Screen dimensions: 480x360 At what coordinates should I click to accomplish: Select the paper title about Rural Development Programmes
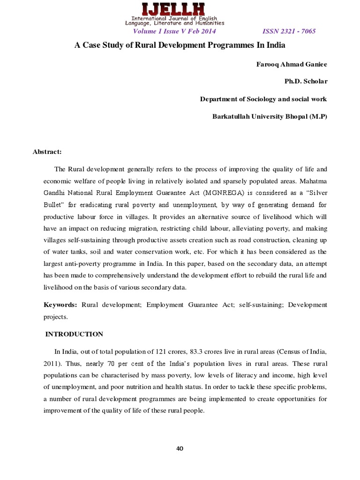pyautogui.click(x=180, y=46)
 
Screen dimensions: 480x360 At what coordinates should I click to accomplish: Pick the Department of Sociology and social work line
pyautogui.click(x=263, y=99)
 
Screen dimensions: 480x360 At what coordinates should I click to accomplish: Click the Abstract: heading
pyautogui.click(x=47, y=152)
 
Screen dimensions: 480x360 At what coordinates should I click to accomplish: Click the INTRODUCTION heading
pyautogui.click(x=74, y=334)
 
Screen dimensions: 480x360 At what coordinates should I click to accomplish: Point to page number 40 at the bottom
pyautogui.click(x=180, y=449)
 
